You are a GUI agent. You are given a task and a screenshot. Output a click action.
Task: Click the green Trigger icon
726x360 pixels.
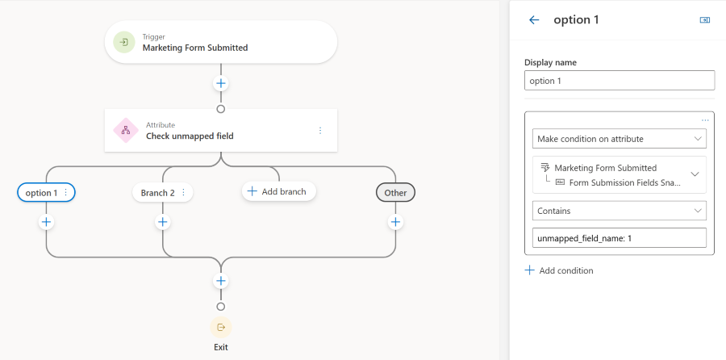(124, 42)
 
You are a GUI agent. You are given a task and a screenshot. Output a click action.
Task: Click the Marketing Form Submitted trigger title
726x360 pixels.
(195, 48)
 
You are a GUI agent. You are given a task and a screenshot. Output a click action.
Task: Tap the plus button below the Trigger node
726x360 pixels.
(220, 83)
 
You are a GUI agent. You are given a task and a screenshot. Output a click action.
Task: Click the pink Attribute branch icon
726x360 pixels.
(125, 130)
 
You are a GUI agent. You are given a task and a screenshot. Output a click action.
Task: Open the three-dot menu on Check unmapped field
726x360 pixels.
(320, 130)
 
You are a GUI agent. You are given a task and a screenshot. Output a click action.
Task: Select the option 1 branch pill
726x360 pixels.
(42, 193)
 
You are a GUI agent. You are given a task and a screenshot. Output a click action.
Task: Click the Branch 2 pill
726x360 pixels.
(157, 193)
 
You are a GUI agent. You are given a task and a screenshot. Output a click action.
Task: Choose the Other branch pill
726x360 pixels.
(395, 193)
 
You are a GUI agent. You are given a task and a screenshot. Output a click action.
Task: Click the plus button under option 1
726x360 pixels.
(46, 222)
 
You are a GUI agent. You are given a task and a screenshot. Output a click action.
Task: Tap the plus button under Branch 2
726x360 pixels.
(163, 222)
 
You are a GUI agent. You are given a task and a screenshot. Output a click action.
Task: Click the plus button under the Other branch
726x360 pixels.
(395, 222)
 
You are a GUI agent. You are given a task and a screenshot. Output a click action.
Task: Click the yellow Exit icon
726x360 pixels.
(220, 327)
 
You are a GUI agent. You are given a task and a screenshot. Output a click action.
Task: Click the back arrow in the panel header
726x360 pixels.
(533, 20)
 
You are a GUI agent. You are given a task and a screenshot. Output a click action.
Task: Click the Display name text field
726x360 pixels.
(620, 81)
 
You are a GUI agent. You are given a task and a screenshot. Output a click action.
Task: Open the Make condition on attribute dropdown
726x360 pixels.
(620, 139)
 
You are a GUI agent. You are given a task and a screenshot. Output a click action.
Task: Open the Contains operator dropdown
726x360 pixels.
(620, 211)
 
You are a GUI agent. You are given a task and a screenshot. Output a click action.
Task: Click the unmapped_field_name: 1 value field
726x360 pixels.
(620, 238)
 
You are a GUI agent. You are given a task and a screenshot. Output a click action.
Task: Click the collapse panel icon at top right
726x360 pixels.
(704, 20)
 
